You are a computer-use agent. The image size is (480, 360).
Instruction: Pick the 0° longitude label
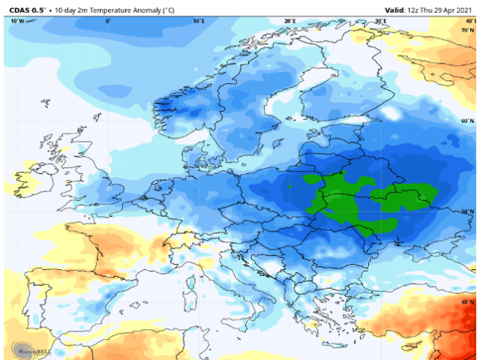coord(108,21)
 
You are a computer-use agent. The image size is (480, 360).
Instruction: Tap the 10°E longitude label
coord(199,21)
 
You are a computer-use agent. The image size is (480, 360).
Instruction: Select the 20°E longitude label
coord(289,21)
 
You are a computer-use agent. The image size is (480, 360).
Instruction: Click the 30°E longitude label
coord(380,21)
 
